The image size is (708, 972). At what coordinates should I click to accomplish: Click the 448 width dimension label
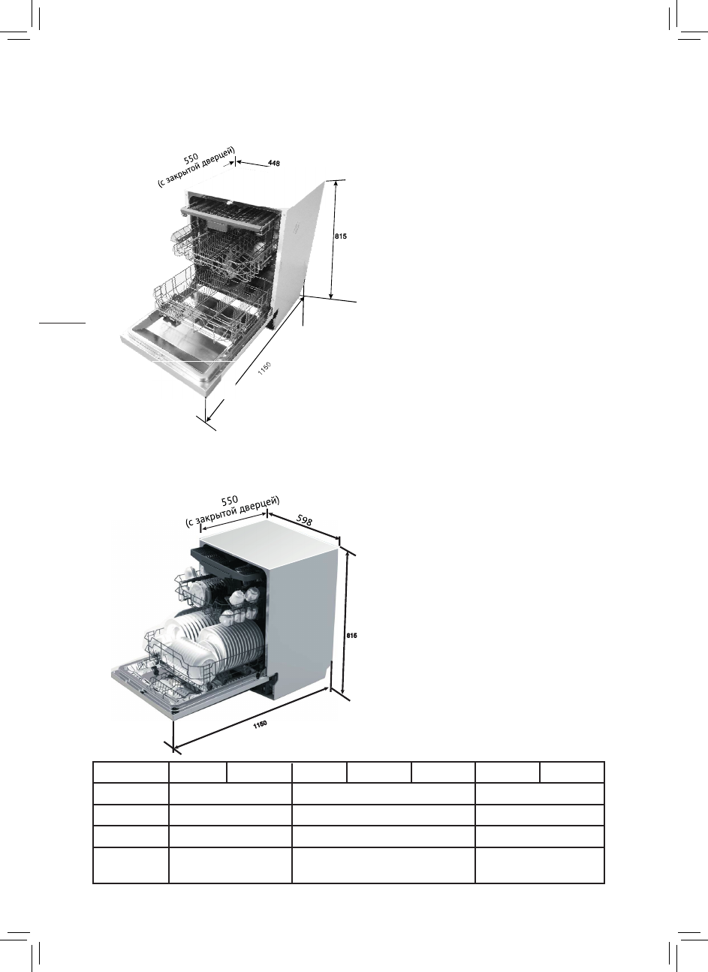[275, 164]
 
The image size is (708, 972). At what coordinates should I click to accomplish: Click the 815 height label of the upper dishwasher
[340, 236]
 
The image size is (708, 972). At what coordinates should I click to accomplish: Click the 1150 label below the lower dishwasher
[260, 724]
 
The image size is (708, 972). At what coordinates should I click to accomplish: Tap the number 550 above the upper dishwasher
[191, 158]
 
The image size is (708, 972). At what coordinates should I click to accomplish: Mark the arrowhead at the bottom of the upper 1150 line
[208, 418]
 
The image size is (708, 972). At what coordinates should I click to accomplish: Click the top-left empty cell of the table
[130, 772]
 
